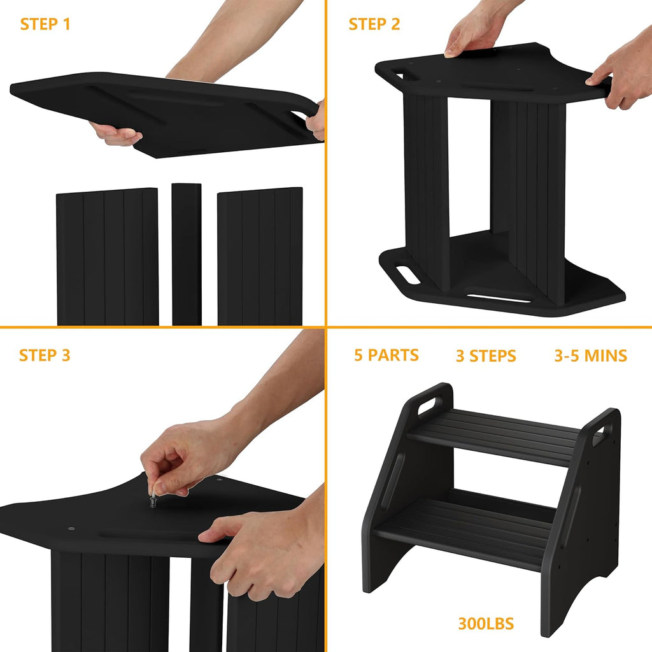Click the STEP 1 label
coord(45,25)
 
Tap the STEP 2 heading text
coord(374,25)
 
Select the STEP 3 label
coord(45,355)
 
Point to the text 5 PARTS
coord(386,355)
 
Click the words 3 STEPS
coord(486,356)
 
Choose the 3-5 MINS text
coord(590,355)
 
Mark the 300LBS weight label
coord(486,623)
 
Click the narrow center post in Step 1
coord(187,255)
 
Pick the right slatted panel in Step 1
coord(260,257)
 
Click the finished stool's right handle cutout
coord(599,436)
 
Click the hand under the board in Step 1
coord(118,134)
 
